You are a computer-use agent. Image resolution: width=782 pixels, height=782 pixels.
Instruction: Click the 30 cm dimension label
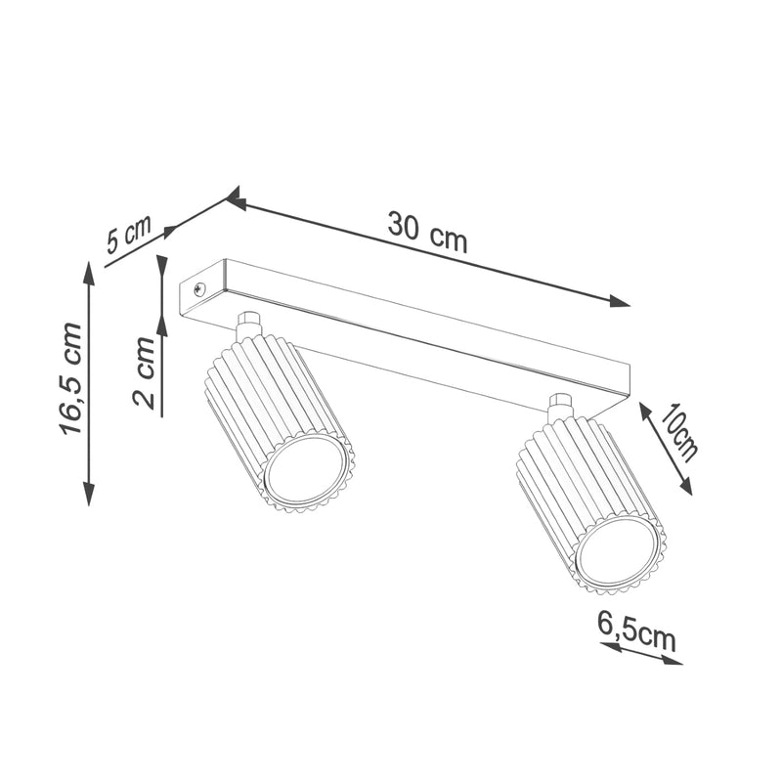[x=427, y=232]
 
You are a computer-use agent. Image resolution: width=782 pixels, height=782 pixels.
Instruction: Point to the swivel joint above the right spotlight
[x=560, y=405]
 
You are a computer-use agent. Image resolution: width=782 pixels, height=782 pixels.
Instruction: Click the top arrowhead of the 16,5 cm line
[x=89, y=273]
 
